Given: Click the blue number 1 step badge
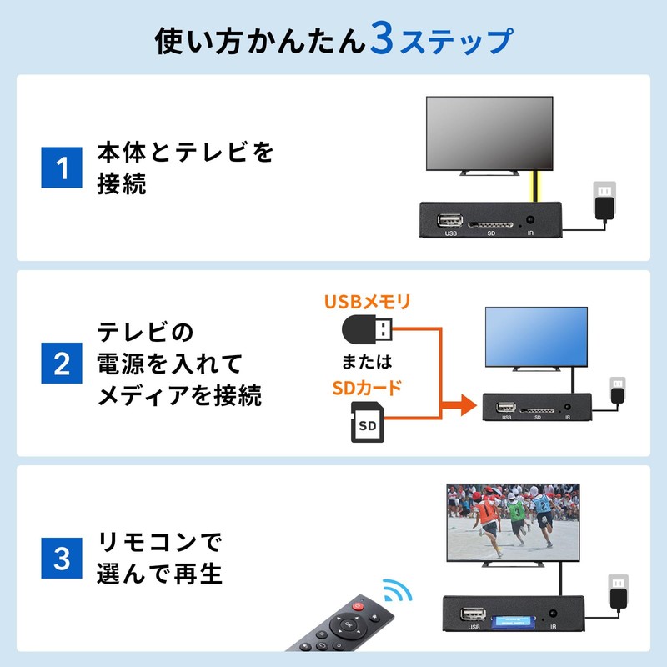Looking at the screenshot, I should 62,168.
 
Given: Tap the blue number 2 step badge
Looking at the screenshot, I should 62,364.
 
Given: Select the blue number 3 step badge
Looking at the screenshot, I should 62,559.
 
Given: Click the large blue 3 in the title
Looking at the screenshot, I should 381,42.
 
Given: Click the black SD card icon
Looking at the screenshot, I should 367,424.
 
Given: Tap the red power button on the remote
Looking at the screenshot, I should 359,606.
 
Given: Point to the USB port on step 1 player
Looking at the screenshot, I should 451,221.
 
